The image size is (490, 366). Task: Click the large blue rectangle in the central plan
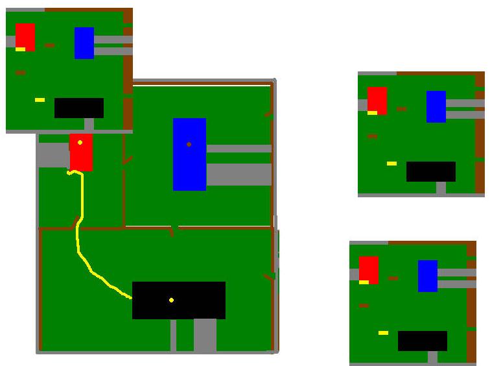(189, 162)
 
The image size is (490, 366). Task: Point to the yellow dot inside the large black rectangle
(171, 300)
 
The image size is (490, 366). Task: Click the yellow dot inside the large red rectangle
(80, 142)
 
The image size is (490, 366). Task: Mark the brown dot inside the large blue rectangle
(189, 144)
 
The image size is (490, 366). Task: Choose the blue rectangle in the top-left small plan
(84, 43)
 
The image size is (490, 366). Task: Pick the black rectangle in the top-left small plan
(79, 108)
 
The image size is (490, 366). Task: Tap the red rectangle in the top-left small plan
(25, 35)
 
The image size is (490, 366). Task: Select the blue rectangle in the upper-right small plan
(436, 106)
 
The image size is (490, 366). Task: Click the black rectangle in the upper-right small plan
(431, 171)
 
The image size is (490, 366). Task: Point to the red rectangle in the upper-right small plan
(377, 99)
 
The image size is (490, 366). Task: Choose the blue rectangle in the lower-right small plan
(428, 276)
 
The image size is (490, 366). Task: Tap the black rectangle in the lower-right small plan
(423, 341)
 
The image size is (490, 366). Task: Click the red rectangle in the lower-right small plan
(369, 269)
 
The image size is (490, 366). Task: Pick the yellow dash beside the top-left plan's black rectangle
(40, 100)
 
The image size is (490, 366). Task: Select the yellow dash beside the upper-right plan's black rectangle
(391, 164)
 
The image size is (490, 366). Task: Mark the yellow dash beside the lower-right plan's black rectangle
(383, 333)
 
